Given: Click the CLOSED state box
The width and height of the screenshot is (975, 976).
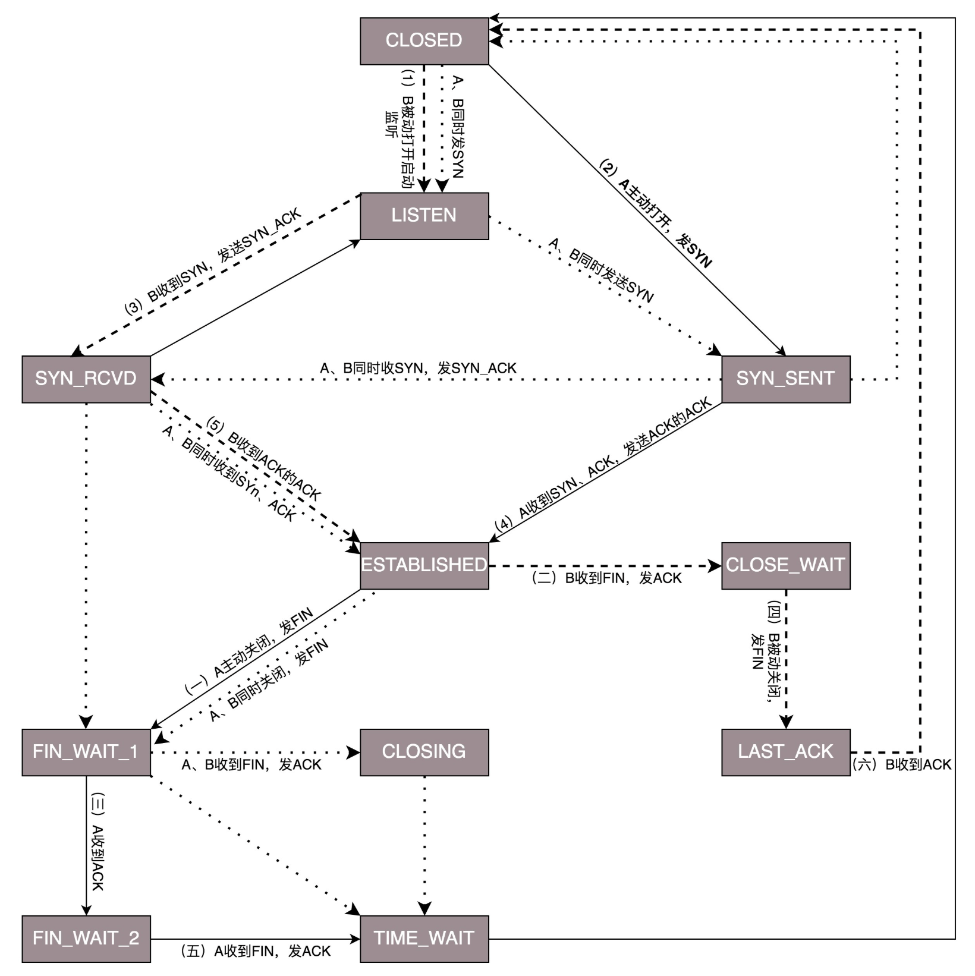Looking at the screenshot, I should pyautogui.click(x=424, y=40).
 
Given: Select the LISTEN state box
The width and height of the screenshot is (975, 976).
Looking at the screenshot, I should pyautogui.click(x=424, y=215).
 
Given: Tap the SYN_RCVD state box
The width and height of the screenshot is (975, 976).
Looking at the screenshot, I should pyautogui.click(x=86, y=379).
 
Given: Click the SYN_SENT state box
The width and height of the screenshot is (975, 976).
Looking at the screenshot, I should pyautogui.click(x=785, y=379).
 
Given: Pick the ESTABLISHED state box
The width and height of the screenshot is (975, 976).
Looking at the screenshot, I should pyautogui.click(x=424, y=565).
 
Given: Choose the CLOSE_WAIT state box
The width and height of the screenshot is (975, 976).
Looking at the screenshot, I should pyautogui.click(x=785, y=565).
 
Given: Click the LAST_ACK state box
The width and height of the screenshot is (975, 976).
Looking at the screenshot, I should pyautogui.click(x=785, y=752).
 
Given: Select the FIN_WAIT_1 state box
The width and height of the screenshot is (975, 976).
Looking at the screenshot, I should pyautogui.click(x=86, y=752).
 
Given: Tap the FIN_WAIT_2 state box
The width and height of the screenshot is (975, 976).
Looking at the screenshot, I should pyautogui.click(x=86, y=939).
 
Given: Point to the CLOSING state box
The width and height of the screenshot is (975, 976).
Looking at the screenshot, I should pyautogui.click(x=424, y=752).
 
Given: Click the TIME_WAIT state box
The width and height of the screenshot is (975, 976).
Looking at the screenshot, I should pyautogui.click(x=424, y=939).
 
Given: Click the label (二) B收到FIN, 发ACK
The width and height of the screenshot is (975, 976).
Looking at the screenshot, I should pyautogui.click(x=606, y=578).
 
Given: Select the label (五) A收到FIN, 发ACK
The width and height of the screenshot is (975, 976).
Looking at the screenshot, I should pyautogui.click(x=255, y=952).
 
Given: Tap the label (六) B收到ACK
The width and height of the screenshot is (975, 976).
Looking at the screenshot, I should pyautogui.click(x=901, y=765).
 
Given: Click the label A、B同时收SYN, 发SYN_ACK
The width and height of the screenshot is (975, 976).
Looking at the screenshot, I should pyautogui.click(x=418, y=369).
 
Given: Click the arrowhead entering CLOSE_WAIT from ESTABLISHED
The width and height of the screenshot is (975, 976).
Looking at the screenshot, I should pyautogui.click(x=715, y=566).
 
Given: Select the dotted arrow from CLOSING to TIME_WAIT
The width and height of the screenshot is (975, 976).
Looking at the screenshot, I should pyautogui.click(x=424, y=844).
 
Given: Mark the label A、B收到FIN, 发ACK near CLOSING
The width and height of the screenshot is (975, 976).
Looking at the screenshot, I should pyautogui.click(x=251, y=765).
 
